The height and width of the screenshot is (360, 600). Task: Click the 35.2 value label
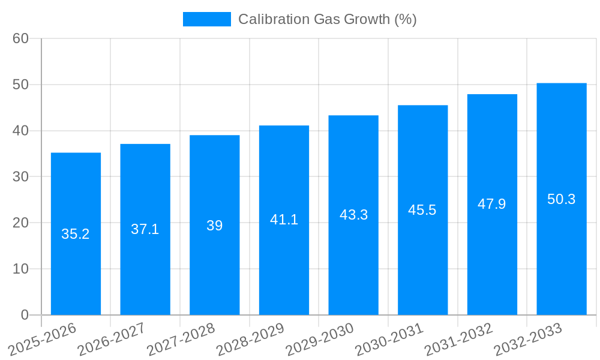click(x=76, y=235)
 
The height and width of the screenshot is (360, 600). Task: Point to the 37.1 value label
click(x=145, y=229)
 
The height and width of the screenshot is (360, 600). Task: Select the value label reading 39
click(x=215, y=226)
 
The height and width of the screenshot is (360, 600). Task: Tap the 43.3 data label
click(x=353, y=215)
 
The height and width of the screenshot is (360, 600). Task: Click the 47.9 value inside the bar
click(x=492, y=204)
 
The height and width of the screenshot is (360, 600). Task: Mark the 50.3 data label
click(x=562, y=199)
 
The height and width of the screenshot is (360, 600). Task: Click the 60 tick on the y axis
click(x=20, y=38)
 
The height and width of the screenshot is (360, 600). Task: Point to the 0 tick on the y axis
click(x=25, y=315)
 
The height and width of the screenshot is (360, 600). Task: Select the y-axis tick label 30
click(x=20, y=177)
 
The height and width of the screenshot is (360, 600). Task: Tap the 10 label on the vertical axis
click(x=20, y=269)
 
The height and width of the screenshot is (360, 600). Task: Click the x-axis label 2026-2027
click(x=112, y=339)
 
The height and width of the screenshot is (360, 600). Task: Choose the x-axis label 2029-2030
click(x=320, y=339)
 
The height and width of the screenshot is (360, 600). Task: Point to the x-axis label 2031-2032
click(x=458, y=339)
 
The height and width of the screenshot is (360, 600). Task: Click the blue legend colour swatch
click(x=206, y=19)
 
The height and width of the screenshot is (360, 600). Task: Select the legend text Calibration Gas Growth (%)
click(x=327, y=19)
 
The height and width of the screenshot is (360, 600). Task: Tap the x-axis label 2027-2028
click(x=181, y=339)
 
